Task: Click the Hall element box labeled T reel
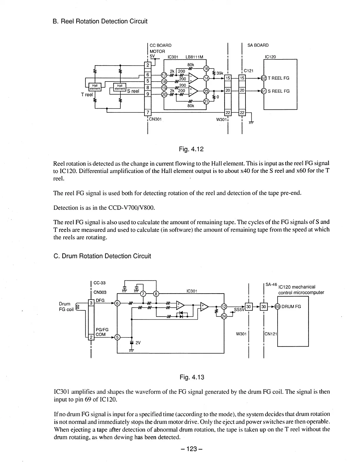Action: pos(95,86)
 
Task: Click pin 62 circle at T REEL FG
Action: pos(264,78)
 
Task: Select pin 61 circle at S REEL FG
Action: pos(264,91)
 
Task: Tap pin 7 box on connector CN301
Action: pos(148,113)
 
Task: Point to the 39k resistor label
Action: pos(220,73)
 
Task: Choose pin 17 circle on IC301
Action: pos(164,75)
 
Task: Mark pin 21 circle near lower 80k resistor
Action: pos(206,102)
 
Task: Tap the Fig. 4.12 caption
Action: pos(191,149)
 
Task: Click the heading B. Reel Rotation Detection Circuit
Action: pos(100,21)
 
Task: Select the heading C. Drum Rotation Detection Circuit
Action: pos(102,256)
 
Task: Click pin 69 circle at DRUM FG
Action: pos(277,307)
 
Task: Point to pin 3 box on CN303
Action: pos(91,303)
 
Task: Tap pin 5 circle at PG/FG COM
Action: pos(117,337)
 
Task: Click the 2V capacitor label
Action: pos(138,343)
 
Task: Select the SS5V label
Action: pos(239,309)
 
